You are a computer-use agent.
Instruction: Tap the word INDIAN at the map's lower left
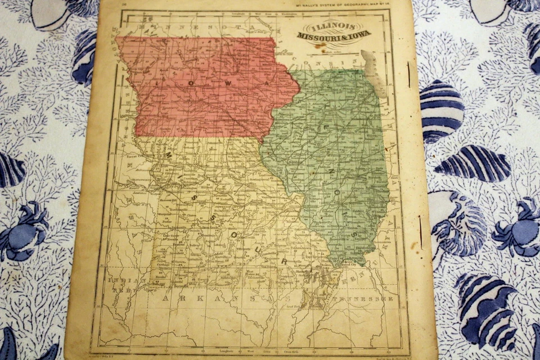[x=120, y=279]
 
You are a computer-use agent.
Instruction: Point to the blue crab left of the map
[x=25, y=232]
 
